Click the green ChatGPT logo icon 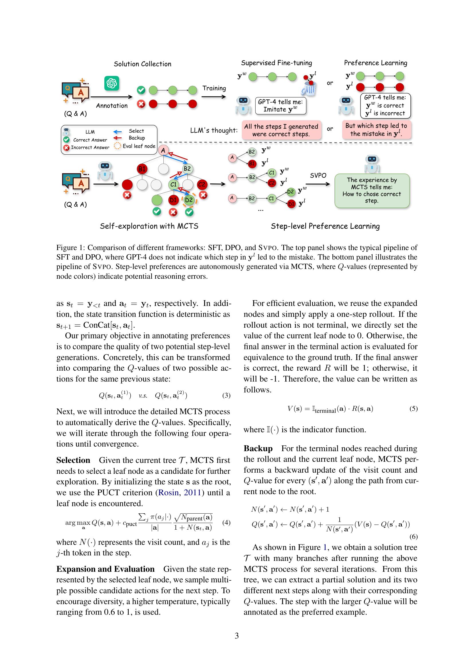(112, 83)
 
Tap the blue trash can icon (309, 89)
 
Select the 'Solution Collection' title (142, 64)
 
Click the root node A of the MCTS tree (163, 151)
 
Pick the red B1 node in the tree (142, 169)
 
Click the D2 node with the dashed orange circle (189, 200)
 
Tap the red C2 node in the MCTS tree (202, 184)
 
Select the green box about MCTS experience (372, 190)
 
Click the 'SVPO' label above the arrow (318, 175)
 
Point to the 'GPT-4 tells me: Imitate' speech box (281, 106)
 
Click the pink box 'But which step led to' (376, 129)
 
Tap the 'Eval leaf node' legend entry (139, 146)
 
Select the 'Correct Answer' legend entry (90, 140)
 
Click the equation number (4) (226, 522)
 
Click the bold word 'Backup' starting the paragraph (258, 448)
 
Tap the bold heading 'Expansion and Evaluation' (105, 569)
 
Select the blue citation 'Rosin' (168, 492)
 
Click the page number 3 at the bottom (237, 636)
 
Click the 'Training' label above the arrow (214, 88)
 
